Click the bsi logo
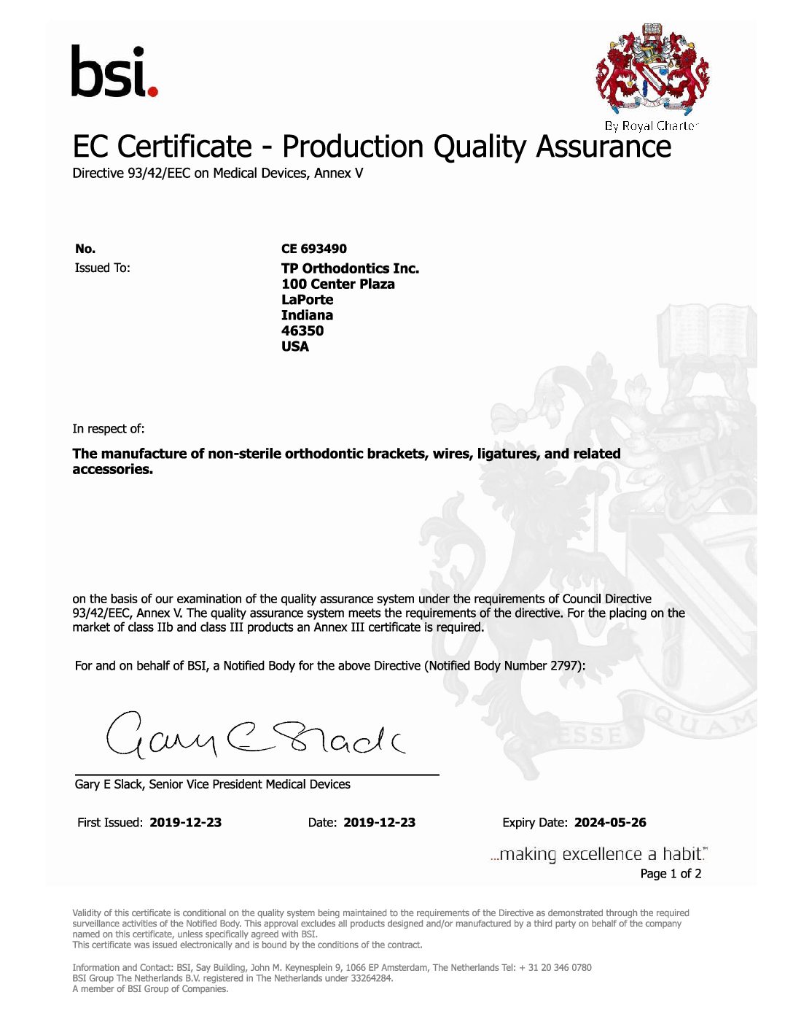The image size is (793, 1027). pyautogui.click(x=114, y=71)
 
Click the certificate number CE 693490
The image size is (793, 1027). pyautogui.click(x=314, y=249)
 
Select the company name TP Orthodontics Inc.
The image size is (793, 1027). pyautogui.click(x=350, y=268)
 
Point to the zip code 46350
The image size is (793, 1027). pyautogui.click(x=302, y=330)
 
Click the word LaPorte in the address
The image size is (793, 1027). pyautogui.click(x=307, y=300)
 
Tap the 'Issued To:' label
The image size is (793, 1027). pyautogui.click(x=102, y=268)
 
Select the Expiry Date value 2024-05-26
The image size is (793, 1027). pyautogui.click(x=610, y=823)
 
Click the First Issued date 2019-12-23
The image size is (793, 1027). pyautogui.click(x=185, y=823)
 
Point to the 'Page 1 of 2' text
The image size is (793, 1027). pyautogui.click(x=671, y=874)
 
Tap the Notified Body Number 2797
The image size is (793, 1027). pyautogui.click(x=565, y=666)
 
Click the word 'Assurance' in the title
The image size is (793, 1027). pyautogui.click(x=603, y=147)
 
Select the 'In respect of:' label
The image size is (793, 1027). pyautogui.click(x=108, y=429)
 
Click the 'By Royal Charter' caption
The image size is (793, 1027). pyautogui.click(x=651, y=125)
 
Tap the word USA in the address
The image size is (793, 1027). pyautogui.click(x=295, y=346)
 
